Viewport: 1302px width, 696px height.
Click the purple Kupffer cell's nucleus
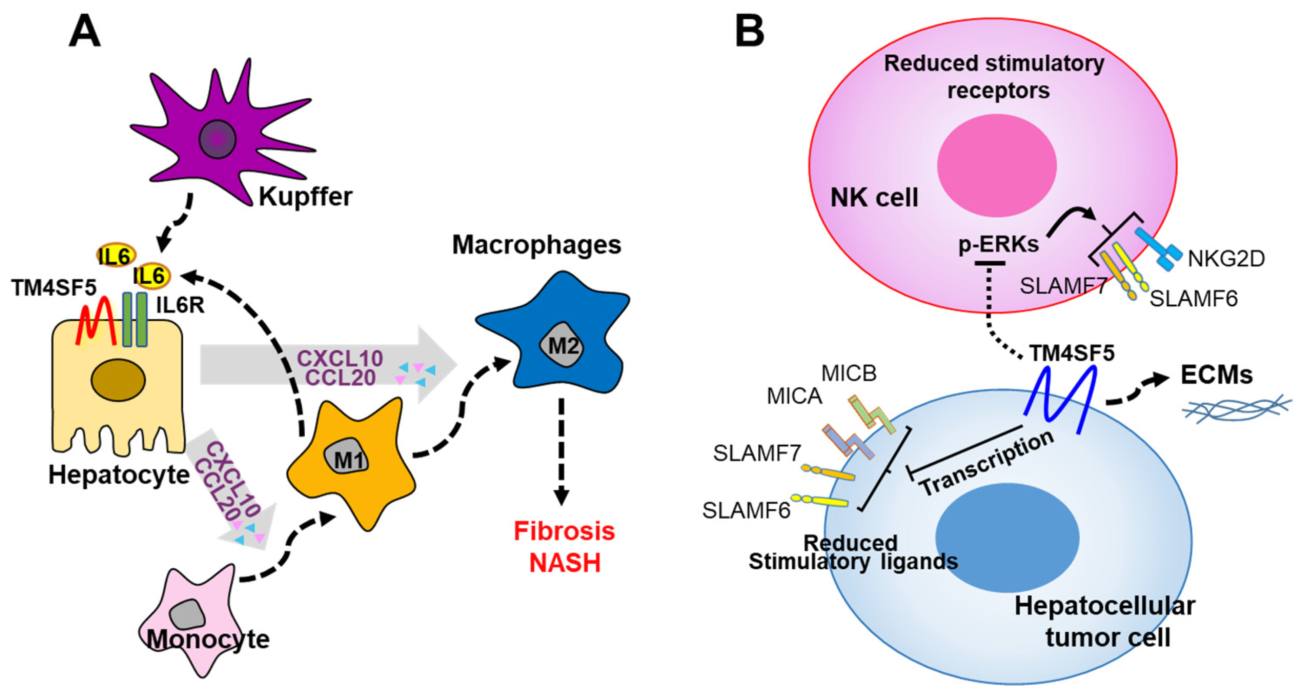217,139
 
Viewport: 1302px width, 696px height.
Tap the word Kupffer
305,197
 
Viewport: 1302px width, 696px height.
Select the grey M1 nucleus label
348,459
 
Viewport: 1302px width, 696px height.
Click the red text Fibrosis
564,531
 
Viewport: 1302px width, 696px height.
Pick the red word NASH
565,563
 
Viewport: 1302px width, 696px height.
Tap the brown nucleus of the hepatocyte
118,380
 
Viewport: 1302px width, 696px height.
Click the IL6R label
180,305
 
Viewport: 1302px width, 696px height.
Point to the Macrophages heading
536,245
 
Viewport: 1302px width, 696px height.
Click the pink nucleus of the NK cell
996,165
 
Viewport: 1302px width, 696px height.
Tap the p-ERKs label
998,245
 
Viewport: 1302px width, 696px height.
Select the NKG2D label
1226,259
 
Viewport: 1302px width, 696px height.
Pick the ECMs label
1216,375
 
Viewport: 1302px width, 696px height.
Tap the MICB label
849,374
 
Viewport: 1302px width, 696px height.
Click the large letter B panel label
749,31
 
